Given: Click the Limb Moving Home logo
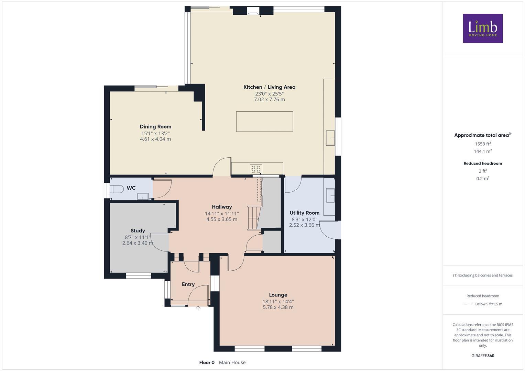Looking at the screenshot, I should click(483, 28).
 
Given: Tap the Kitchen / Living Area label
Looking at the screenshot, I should click(269, 87).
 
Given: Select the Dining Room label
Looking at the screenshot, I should click(155, 127).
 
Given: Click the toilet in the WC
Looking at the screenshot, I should click(117, 189).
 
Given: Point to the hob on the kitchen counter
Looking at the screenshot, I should click(256, 169).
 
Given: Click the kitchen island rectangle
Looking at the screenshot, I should click(264, 121).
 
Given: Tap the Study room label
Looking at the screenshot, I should click(138, 231).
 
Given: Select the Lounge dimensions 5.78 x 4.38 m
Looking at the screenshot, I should click(278, 307).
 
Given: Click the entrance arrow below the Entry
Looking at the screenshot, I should click(198, 308).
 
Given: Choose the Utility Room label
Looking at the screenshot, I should click(304, 213).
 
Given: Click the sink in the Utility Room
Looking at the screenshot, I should click(330, 196).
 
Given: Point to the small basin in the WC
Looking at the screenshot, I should click(143, 196).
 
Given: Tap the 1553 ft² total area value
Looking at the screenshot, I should click(483, 144).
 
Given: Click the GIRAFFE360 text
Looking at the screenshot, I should click(483, 356).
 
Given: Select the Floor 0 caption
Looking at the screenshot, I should click(207, 362).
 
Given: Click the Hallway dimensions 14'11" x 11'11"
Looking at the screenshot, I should click(222, 214).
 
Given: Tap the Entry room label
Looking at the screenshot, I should click(188, 284).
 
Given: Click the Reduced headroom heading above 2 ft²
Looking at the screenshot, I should click(483, 164).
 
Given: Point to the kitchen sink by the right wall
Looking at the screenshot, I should click(330, 138).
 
